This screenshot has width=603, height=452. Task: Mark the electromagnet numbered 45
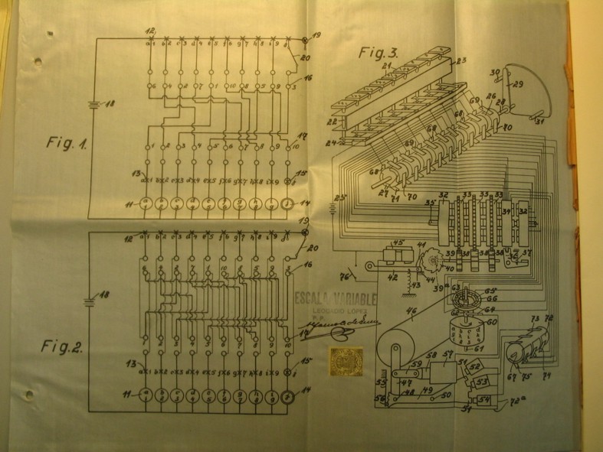tap(399, 252)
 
